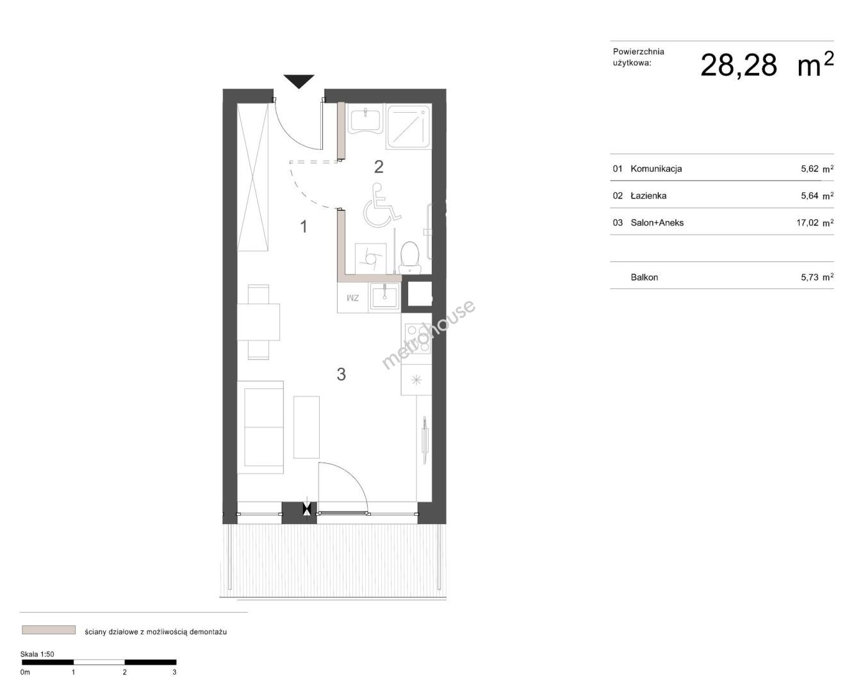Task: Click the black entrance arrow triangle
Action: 299,81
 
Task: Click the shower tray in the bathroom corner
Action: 409,127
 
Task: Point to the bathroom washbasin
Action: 365,119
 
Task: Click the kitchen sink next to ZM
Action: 384,296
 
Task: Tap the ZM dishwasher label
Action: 352,299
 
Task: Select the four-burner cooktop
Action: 417,338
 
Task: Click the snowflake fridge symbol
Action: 416,379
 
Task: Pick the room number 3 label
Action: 341,374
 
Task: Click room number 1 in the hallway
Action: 304,227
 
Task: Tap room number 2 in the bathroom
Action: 379,167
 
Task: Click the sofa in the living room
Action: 260,427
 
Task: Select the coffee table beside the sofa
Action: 306,427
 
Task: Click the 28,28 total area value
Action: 738,65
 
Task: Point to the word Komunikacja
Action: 656,169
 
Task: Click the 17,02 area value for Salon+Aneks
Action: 808,222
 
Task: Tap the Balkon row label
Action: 644,277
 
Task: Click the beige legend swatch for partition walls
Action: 49,630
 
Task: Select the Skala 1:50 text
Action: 37,654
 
